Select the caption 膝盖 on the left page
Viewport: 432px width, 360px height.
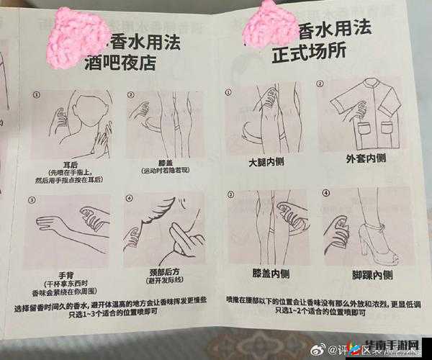tap(164, 163)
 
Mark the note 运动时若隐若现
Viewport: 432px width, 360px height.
tap(164, 171)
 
